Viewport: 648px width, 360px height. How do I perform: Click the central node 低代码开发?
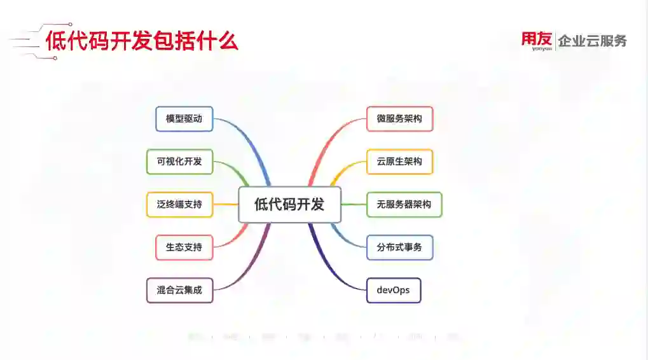(289, 204)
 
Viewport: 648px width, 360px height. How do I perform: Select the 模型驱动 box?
(184, 119)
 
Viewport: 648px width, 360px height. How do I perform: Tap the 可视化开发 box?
(179, 162)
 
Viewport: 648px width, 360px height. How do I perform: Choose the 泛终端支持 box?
(179, 204)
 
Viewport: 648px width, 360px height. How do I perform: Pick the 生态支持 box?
(184, 247)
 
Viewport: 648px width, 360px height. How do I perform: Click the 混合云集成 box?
(179, 290)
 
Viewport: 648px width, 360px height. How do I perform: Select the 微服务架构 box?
(399, 119)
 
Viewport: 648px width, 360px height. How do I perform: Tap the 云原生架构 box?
(399, 162)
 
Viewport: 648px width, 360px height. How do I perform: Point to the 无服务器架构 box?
(404, 204)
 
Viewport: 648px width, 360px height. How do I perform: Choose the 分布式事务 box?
(399, 247)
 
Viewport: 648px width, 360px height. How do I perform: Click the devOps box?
(394, 290)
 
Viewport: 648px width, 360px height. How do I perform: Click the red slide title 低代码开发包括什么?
(142, 41)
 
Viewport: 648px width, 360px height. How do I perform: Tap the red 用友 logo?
(537, 39)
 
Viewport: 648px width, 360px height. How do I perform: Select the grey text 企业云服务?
(592, 41)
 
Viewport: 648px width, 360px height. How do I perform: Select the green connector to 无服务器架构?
(354, 204)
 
